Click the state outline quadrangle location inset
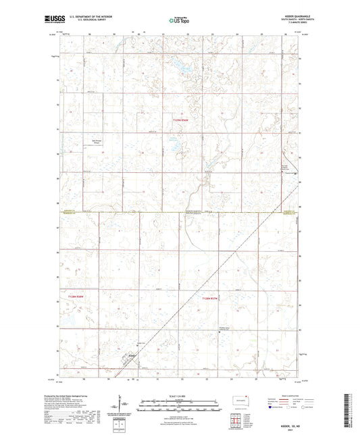tap(237, 400)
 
